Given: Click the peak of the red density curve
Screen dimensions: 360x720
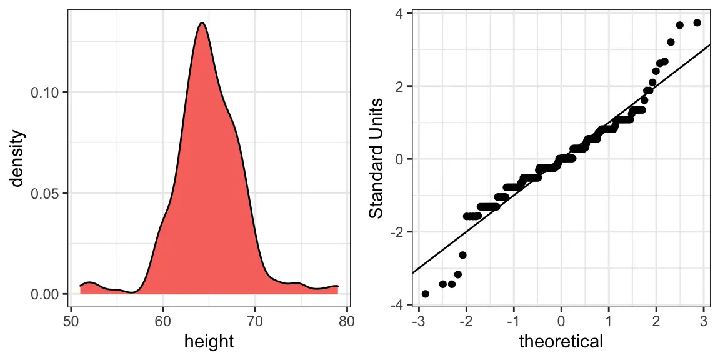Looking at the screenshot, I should (x=202, y=23).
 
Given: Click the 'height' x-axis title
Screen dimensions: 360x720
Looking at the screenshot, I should (x=209, y=341).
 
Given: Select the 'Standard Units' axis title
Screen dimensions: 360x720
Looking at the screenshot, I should (x=376, y=159).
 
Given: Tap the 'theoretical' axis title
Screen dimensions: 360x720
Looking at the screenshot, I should (x=561, y=341).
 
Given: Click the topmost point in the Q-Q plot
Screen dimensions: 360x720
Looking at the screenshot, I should (x=697, y=22).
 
